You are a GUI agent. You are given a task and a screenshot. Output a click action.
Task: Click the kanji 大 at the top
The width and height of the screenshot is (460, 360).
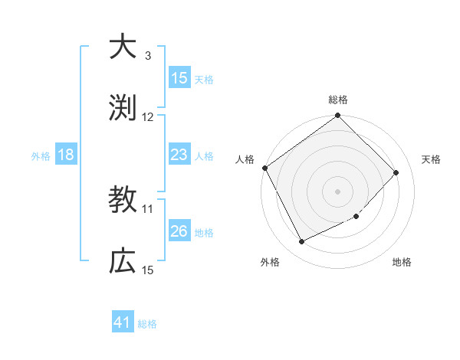click(x=122, y=47)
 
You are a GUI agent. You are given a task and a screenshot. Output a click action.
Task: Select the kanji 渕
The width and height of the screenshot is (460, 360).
click(x=122, y=107)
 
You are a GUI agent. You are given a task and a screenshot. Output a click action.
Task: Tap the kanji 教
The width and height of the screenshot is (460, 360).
click(x=122, y=201)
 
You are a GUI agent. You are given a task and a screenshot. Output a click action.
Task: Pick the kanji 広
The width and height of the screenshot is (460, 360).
click(x=122, y=261)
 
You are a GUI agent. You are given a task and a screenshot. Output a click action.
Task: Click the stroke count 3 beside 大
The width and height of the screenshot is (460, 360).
click(x=148, y=56)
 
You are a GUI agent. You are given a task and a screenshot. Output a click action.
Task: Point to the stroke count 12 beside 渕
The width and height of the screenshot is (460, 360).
click(x=148, y=116)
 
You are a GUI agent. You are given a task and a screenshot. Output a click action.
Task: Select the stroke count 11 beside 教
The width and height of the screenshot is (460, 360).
click(x=148, y=208)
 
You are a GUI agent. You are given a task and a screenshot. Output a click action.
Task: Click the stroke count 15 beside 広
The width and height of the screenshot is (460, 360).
click(x=148, y=270)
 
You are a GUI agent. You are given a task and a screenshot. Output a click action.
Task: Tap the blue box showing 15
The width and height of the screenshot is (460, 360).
click(x=179, y=78)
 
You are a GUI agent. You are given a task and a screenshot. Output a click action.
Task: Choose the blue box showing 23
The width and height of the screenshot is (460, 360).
click(x=179, y=155)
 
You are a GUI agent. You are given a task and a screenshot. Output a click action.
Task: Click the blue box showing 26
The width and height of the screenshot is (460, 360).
click(x=179, y=231)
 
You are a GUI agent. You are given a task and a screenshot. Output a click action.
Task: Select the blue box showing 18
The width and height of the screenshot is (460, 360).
click(x=66, y=155)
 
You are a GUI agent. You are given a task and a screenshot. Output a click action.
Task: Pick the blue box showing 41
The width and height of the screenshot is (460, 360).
click(x=123, y=322)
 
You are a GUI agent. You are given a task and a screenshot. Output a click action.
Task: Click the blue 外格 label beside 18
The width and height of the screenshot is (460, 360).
click(x=41, y=156)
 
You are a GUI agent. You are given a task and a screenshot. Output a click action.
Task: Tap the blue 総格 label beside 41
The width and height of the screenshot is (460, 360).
click(x=147, y=324)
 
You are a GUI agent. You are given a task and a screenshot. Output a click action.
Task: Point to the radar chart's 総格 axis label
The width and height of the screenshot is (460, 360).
click(x=338, y=100)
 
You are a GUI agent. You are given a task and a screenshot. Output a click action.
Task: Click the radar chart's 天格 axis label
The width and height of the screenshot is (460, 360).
click(x=432, y=159)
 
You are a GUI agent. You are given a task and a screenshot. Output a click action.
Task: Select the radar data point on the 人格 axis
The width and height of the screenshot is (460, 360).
click(x=264, y=168)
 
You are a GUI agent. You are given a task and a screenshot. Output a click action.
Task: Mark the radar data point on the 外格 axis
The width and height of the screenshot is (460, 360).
click(x=301, y=242)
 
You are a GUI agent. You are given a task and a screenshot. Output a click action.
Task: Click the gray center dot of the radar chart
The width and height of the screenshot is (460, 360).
click(x=338, y=191)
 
